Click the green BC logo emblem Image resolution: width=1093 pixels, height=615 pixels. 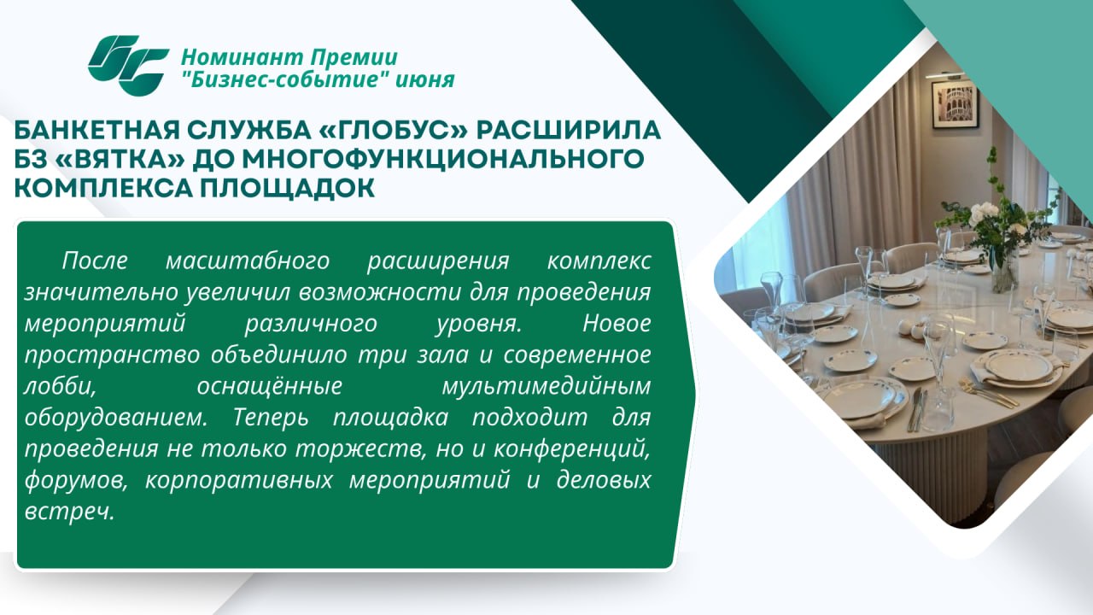pyautogui.click(x=128, y=66)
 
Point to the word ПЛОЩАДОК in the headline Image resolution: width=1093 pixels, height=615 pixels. pyautogui.click(x=287, y=189)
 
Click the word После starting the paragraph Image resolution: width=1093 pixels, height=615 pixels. pyautogui.click(x=95, y=261)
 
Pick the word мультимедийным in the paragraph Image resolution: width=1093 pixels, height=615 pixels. pyautogui.click(x=546, y=387)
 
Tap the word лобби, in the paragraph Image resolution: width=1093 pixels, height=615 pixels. pyautogui.click(x=60, y=387)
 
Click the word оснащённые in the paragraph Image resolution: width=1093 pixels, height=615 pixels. pyautogui.click(x=269, y=387)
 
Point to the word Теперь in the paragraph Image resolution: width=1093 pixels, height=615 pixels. pyautogui.click(x=271, y=419)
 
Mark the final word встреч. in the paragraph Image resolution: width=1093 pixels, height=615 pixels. pyautogui.click(x=69, y=512)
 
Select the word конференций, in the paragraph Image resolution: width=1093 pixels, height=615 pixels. pyautogui.click(x=572, y=450)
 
